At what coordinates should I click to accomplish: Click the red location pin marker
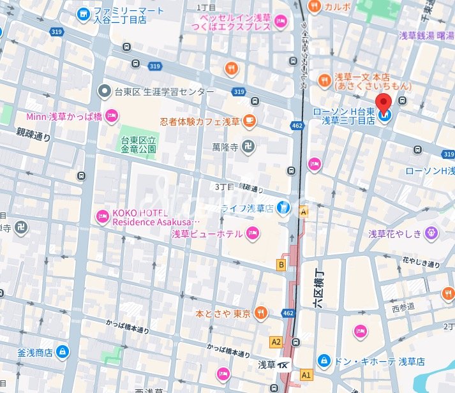[384, 104]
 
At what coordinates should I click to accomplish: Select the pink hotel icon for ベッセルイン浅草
[280, 24]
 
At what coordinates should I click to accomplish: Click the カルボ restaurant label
[337, 6]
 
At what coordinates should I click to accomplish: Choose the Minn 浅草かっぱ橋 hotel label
[64, 116]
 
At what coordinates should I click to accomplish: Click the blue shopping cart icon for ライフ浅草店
[284, 208]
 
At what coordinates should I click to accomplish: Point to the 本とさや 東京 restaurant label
[223, 313]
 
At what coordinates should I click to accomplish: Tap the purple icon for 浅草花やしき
[433, 234]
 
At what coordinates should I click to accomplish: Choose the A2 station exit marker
[276, 342]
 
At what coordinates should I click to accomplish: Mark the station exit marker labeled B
[280, 264]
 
